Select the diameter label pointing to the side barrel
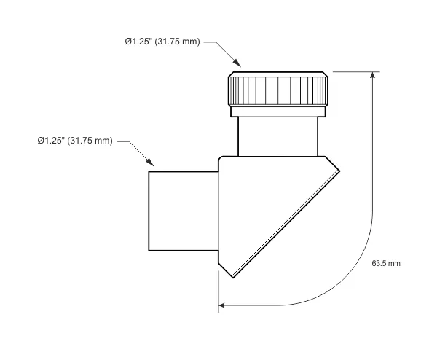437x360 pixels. point(75,141)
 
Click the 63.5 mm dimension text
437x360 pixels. point(386,262)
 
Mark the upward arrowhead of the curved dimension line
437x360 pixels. point(374,76)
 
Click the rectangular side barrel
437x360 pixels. point(184,210)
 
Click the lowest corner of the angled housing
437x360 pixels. point(234,277)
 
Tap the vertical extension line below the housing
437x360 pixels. point(219,291)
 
